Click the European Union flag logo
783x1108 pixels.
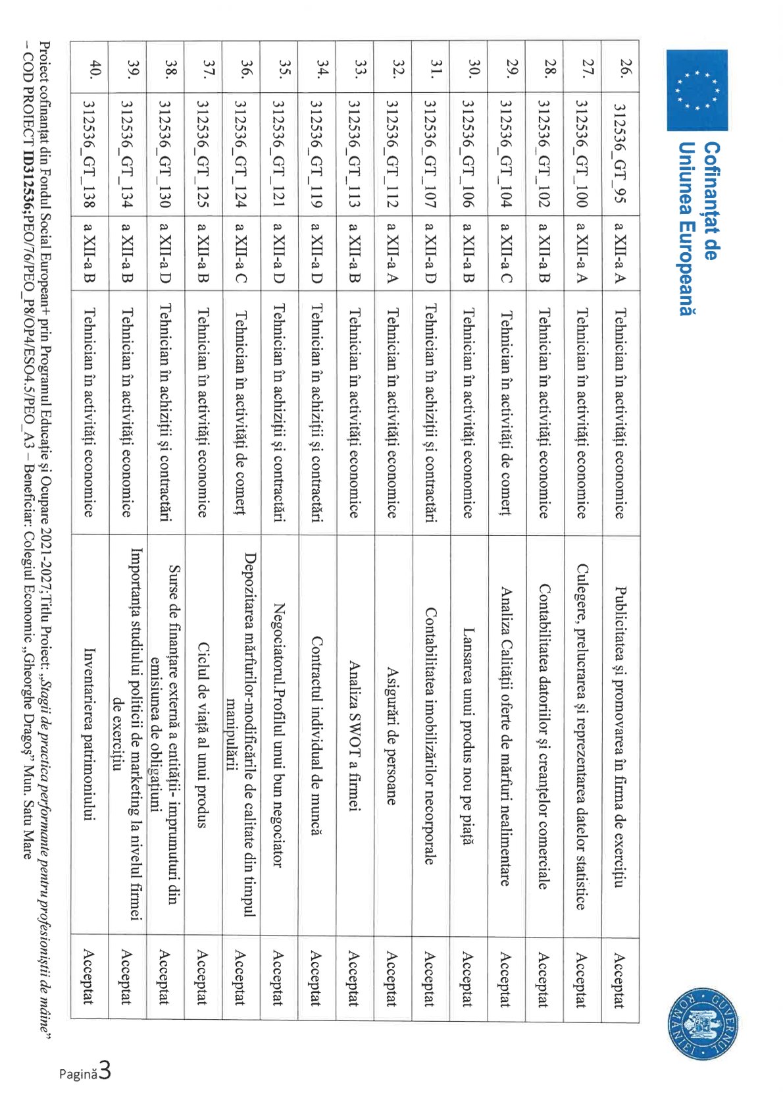pos(697,90)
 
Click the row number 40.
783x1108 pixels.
pos(95,69)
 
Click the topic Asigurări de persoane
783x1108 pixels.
pos(392,735)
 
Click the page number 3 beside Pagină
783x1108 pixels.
pos(104,1071)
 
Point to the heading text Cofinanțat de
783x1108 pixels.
pos(710,201)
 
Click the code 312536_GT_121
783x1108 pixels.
pos(278,153)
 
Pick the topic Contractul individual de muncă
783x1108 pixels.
pos(316,735)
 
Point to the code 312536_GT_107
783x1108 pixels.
pos(430,153)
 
